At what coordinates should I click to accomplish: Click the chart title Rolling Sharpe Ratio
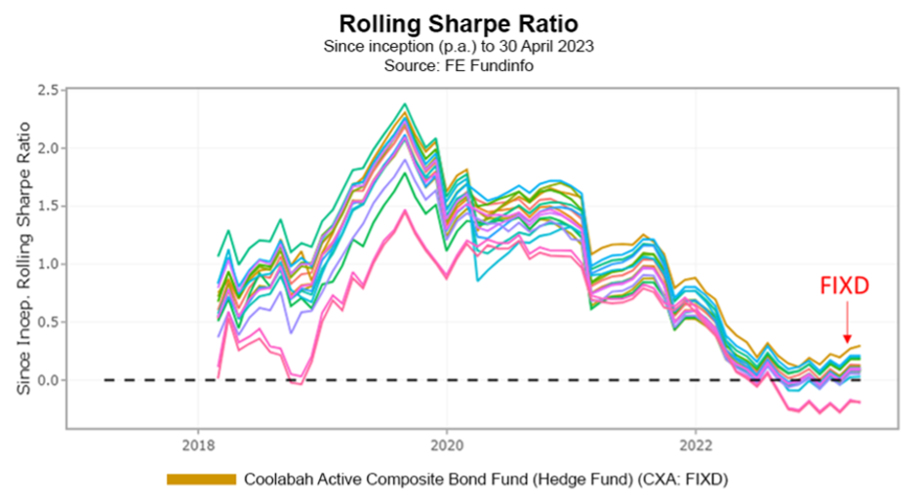coord(458,23)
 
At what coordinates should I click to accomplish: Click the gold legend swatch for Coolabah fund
coord(202,479)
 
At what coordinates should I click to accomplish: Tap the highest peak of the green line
coord(405,103)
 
